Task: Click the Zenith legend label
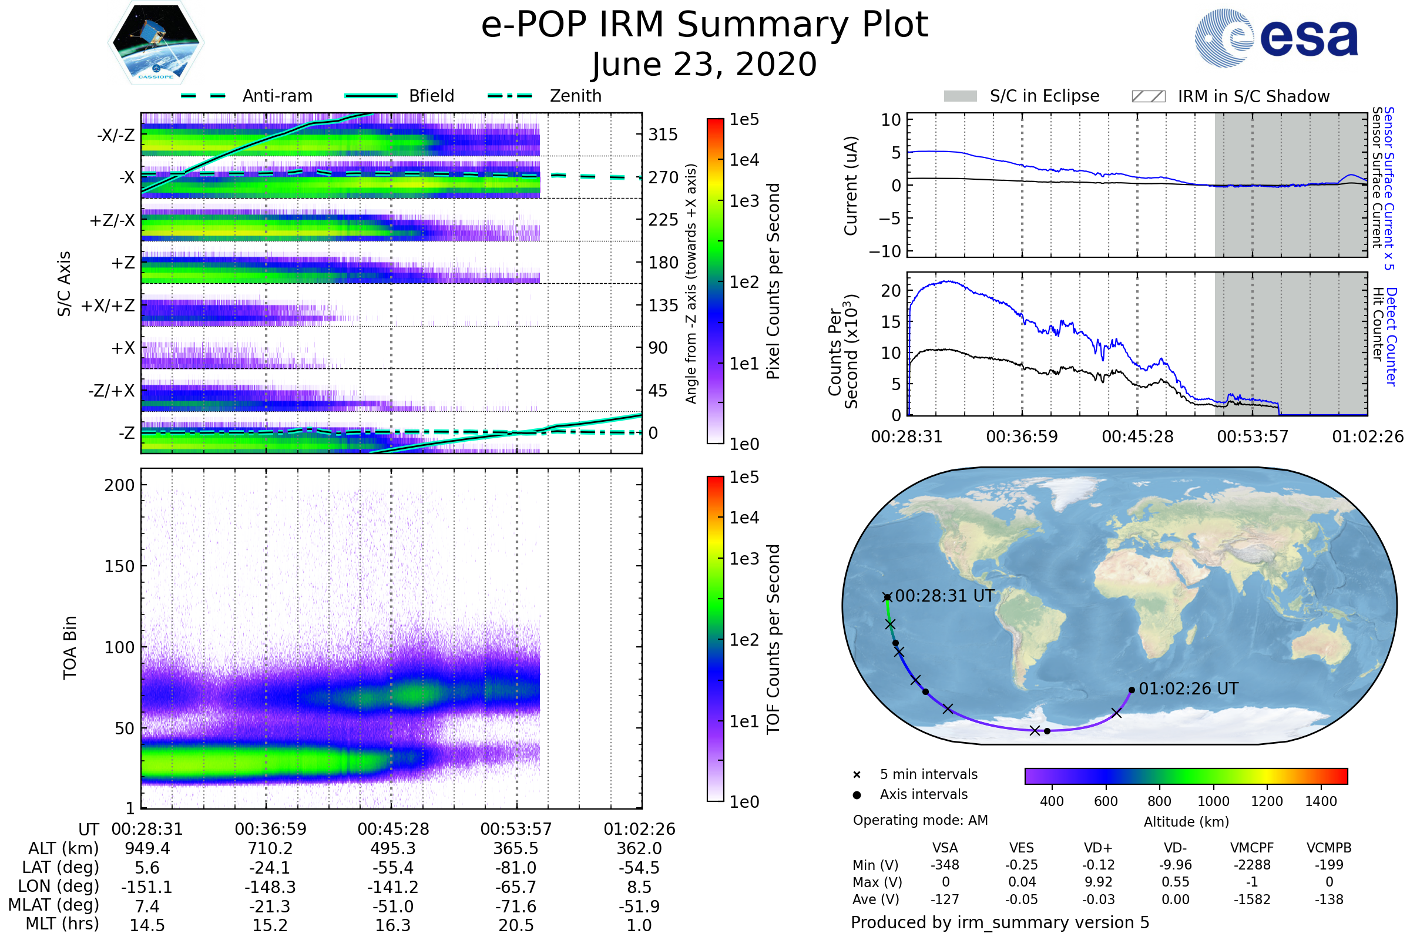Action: (576, 96)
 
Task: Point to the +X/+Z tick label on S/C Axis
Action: (108, 305)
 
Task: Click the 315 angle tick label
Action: (663, 135)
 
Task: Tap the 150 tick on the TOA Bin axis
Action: (119, 566)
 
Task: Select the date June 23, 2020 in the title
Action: (704, 64)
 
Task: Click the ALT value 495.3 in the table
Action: (392, 848)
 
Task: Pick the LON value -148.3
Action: (270, 887)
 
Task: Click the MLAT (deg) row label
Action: (54, 905)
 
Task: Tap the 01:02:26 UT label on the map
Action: (1188, 688)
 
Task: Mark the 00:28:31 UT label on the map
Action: (945, 596)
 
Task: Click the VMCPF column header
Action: (1252, 848)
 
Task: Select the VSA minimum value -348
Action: (945, 865)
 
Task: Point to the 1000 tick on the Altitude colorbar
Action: (1213, 801)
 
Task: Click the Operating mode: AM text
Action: (920, 820)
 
